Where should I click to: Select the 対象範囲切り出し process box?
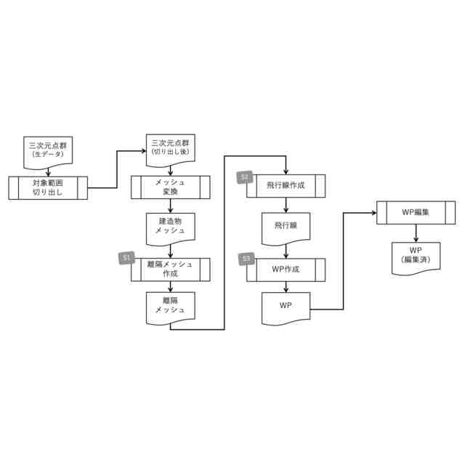point(48,187)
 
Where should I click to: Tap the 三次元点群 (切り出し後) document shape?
point(170,149)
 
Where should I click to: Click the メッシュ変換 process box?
point(170,187)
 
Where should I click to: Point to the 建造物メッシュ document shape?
point(170,225)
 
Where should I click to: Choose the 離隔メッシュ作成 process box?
point(170,269)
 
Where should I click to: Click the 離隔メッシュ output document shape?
point(170,306)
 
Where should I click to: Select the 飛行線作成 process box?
point(286,186)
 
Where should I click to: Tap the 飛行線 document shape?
point(286,226)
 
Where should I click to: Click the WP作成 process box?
point(286,270)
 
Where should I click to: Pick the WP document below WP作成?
point(286,307)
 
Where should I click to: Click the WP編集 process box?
point(416,213)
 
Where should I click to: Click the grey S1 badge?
point(127,258)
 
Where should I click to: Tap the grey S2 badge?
point(244,177)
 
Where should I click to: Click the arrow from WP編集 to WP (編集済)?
point(416,233)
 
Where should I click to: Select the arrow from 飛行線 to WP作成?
point(286,249)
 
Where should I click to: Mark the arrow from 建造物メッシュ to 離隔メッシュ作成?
point(170,249)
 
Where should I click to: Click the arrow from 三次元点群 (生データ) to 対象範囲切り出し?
point(48,170)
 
